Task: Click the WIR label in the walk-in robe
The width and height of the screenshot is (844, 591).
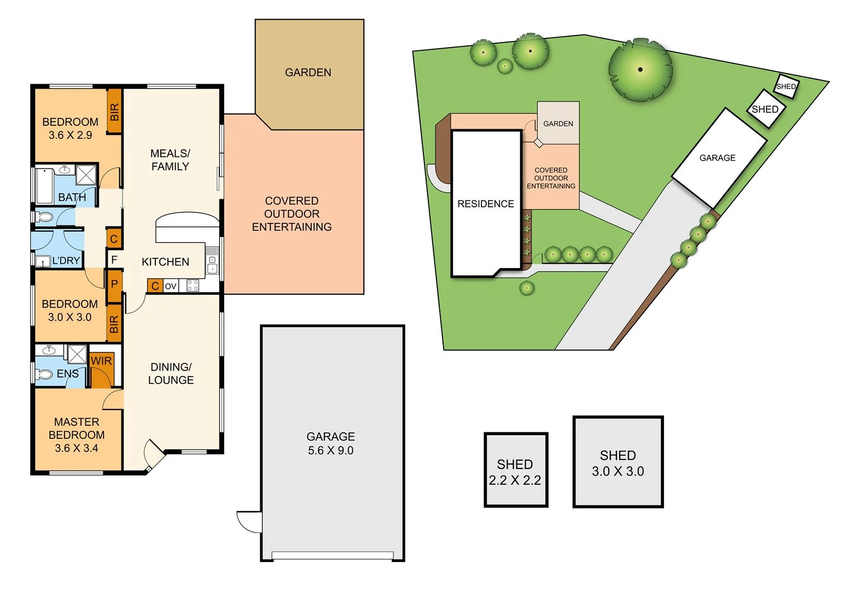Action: coord(101,361)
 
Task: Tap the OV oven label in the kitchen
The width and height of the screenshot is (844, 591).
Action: coord(171,286)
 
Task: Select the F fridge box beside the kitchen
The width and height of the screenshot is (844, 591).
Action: coord(114,259)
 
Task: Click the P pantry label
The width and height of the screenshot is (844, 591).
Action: coord(114,284)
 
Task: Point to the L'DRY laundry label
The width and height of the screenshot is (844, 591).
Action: coord(66,261)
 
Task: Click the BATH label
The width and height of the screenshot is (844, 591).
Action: coord(72,197)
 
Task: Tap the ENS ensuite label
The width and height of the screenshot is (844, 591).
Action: coord(68,374)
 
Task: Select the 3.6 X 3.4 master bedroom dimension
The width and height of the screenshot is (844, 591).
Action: coord(77,448)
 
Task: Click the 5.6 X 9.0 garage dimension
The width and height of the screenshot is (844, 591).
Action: coord(330,450)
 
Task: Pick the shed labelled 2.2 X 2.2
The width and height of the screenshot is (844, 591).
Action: coord(515,471)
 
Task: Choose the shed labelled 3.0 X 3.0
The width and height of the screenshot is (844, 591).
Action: coord(618,463)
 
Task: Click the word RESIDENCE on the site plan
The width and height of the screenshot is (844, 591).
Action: coord(486,204)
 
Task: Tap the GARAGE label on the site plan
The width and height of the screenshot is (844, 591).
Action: coord(718,158)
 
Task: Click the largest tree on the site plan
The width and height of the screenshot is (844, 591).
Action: coord(640,69)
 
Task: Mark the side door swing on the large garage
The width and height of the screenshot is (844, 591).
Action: coord(249,521)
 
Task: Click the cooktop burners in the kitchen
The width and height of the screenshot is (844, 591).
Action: coord(193,286)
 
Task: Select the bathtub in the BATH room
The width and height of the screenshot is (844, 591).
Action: coord(44,186)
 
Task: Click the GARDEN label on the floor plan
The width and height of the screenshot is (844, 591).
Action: coord(308,73)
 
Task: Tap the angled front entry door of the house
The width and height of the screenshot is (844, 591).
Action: coord(154,455)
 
